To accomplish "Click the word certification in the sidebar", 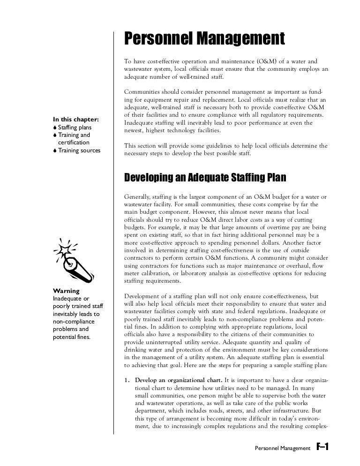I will pyautogui.click(x=74, y=142).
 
